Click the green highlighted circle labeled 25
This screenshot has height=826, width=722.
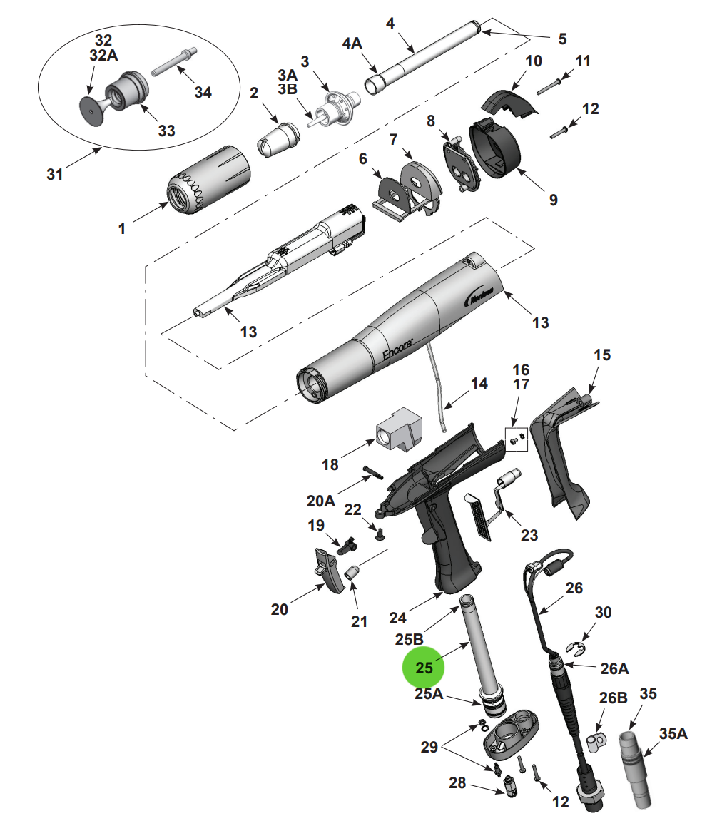click(423, 668)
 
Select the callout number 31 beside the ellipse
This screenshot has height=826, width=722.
click(55, 173)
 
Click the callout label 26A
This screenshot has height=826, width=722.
click(614, 669)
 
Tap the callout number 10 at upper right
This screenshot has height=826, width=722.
click(534, 61)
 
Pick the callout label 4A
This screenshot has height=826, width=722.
click(352, 44)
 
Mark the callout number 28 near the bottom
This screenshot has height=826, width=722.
click(457, 782)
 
